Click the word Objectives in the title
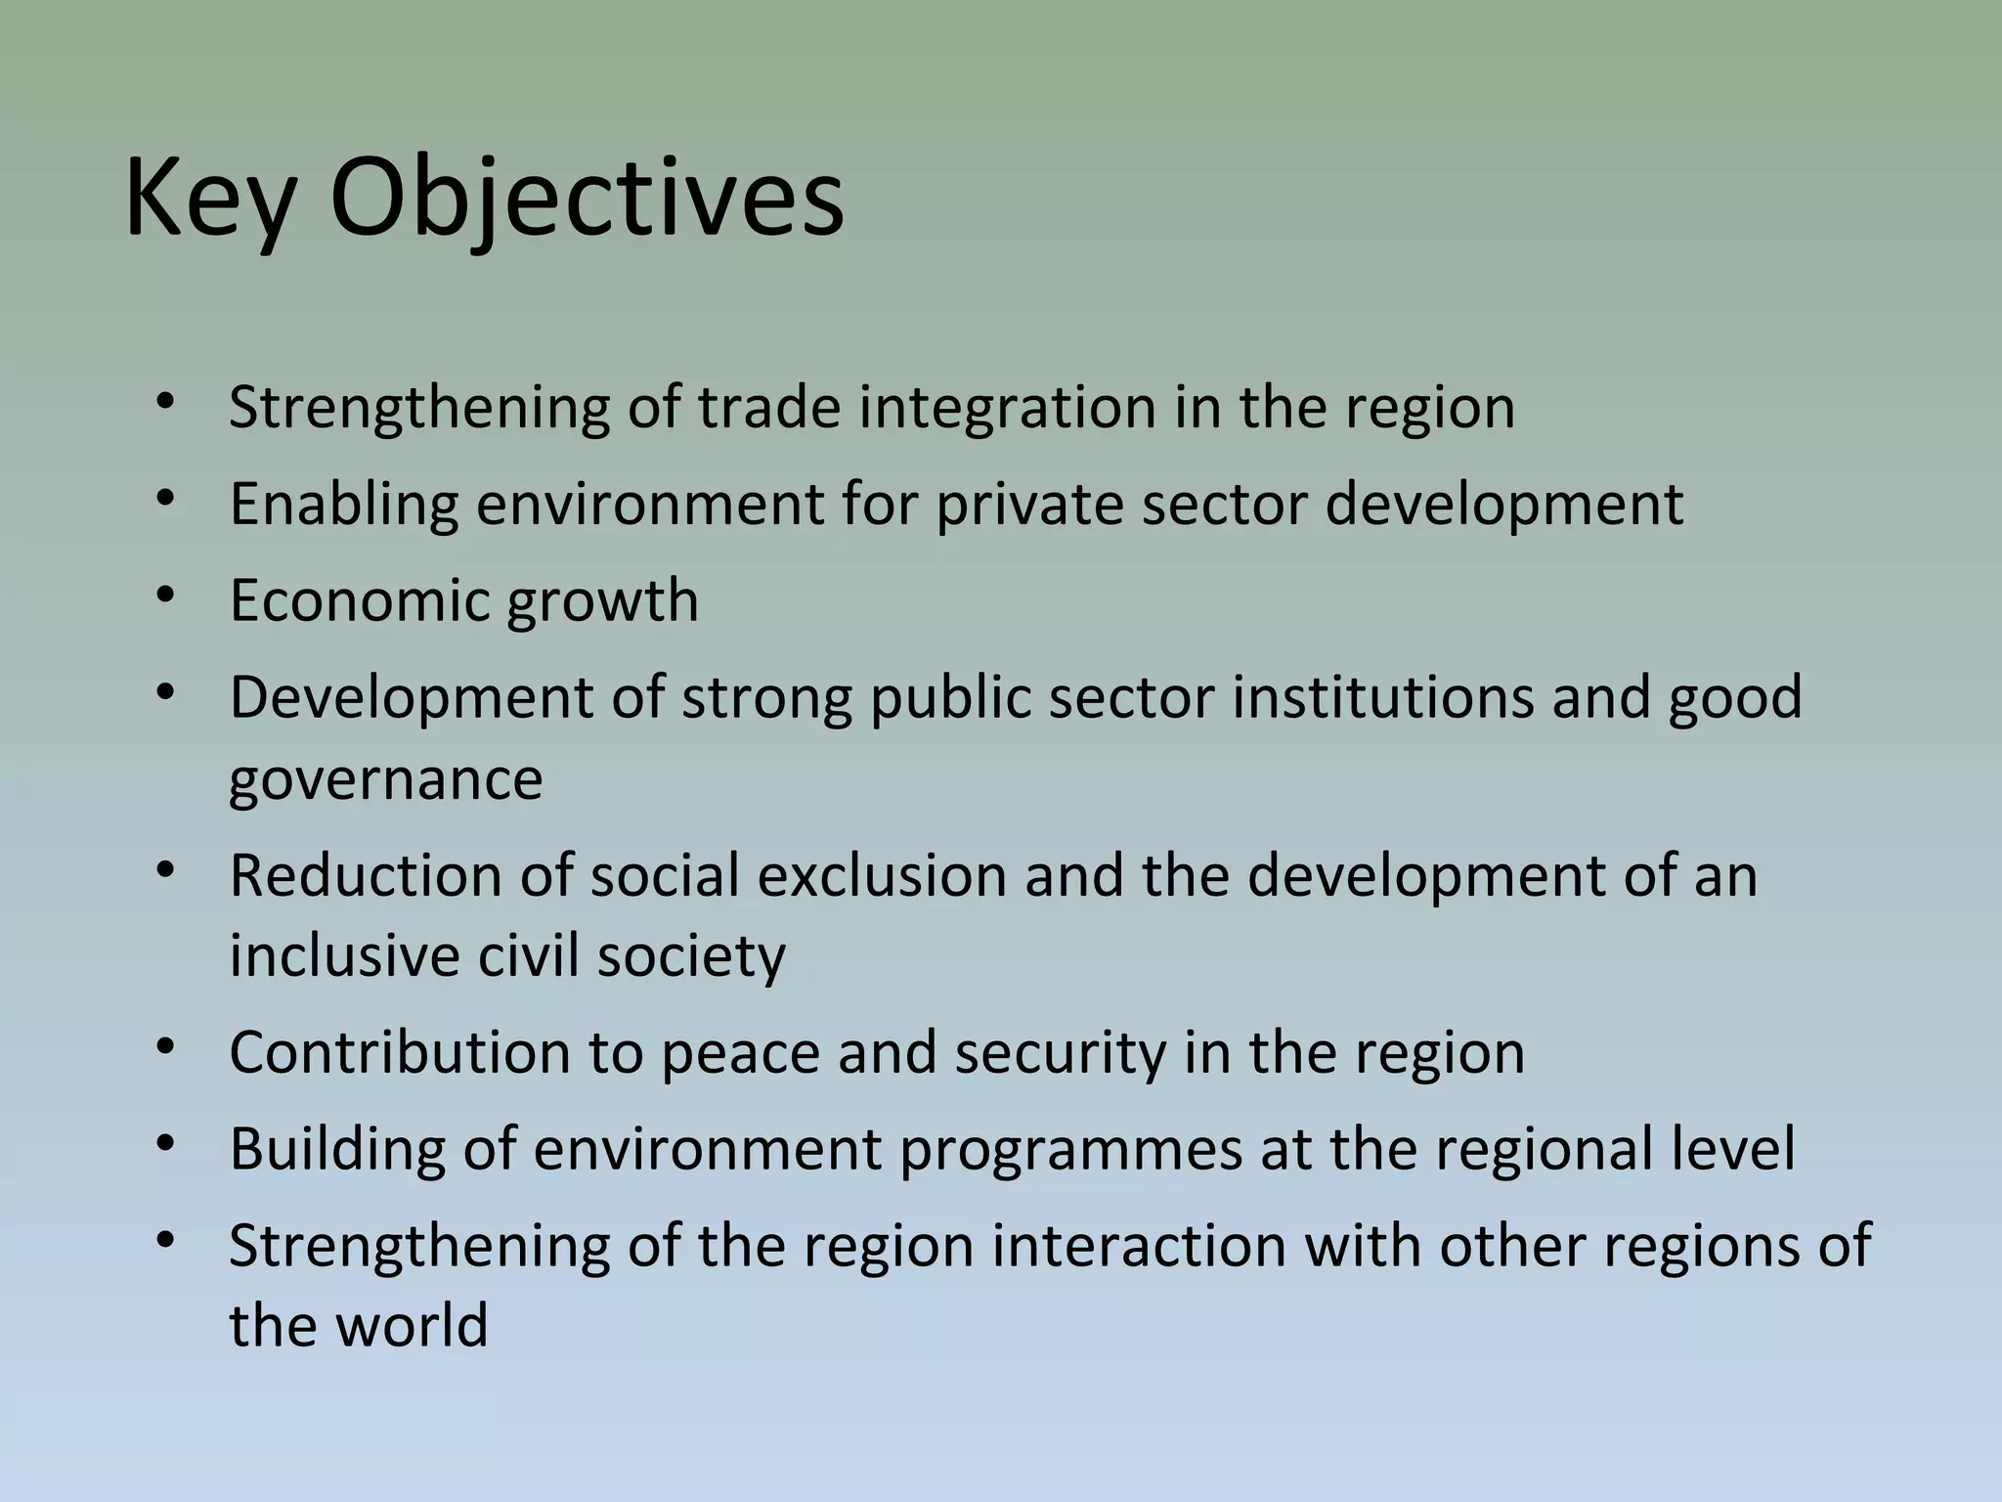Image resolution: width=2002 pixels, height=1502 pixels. pos(587,200)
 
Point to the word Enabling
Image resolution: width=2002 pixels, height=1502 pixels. pos(343,504)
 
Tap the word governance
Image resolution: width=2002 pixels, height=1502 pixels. pos(385,780)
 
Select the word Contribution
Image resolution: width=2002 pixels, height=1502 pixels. pos(399,1052)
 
